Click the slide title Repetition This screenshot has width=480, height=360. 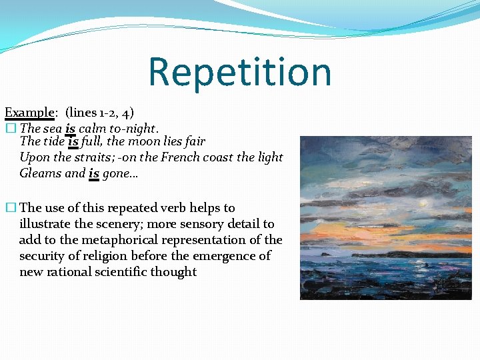pyautogui.click(x=239, y=72)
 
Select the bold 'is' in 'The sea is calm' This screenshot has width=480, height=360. pyautogui.click(x=70, y=127)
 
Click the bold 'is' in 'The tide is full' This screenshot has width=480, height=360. pyautogui.click(x=73, y=141)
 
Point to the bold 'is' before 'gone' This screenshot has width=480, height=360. pyautogui.click(x=94, y=173)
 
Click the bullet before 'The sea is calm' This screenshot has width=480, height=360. pyautogui.click(x=9, y=128)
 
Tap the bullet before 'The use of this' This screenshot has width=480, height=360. pyautogui.click(x=9, y=208)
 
